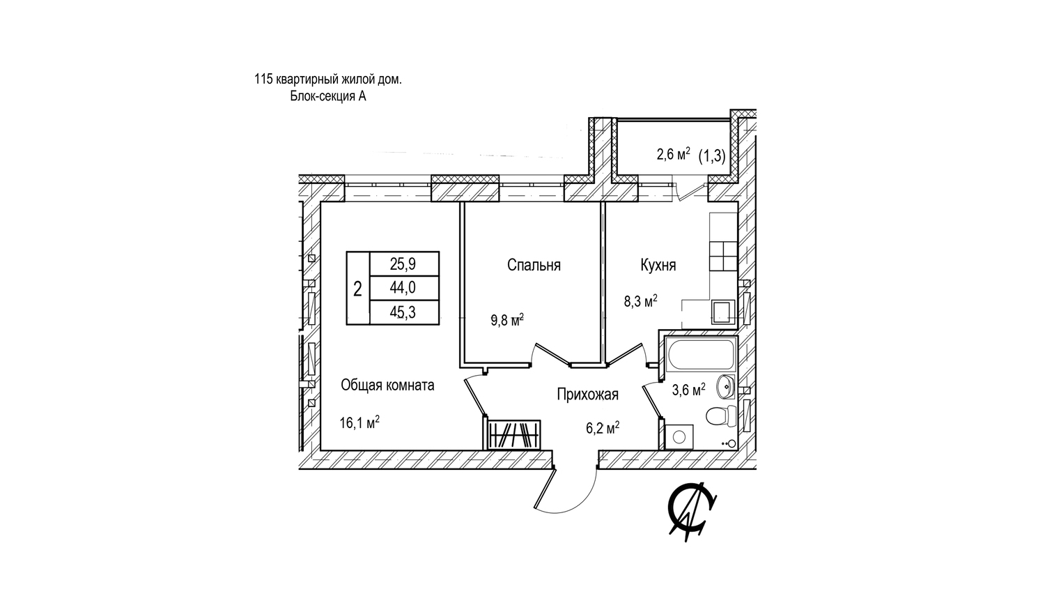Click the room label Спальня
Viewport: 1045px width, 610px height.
coord(534,265)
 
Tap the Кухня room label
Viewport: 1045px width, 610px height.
coord(658,265)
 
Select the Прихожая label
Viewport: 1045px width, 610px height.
coord(588,395)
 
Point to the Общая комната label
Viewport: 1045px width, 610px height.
coord(387,386)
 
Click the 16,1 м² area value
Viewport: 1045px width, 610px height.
coord(359,422)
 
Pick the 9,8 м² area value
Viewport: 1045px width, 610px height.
coord(507,320)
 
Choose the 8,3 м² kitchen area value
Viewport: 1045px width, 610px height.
coord(640,301)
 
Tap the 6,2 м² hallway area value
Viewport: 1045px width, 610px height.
coord(603,427)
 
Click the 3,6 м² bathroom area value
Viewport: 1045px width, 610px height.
coord(688,390)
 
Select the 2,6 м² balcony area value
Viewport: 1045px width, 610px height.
coord(673,155)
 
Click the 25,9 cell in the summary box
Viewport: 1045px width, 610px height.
coord(403,264)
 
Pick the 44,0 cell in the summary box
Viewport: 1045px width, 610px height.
coord(403,288)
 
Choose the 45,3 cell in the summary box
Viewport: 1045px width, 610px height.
coord(403,312)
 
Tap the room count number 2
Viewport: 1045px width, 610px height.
coord(357,289)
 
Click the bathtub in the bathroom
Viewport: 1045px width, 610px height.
coord(701,354)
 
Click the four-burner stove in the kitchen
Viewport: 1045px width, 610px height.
coord(722,257)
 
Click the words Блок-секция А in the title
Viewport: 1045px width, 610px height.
coord(328,96)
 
